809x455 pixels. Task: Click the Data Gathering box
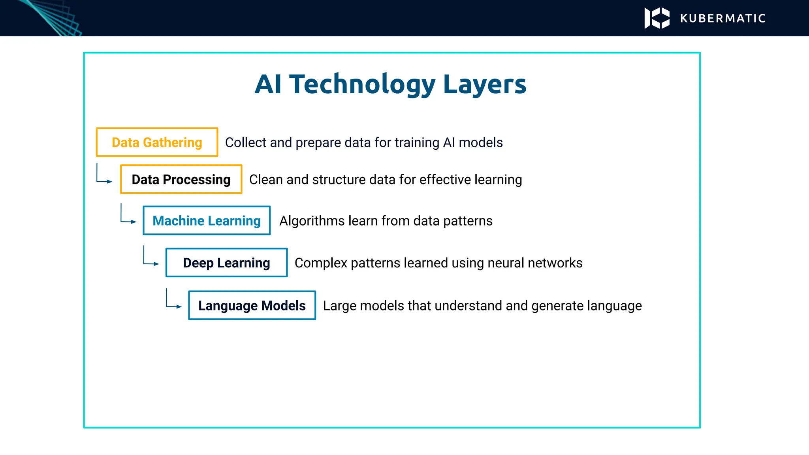(157, 142)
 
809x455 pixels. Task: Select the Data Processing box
(181, 179)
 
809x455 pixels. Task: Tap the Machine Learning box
(207, 220)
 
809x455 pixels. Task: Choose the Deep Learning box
(226, 263)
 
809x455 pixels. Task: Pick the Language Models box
(252, 305)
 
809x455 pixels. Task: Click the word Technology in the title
(362, 84)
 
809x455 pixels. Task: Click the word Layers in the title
(485, 84)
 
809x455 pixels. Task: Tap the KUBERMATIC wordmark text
(723, 19)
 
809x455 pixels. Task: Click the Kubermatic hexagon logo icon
(657, 18)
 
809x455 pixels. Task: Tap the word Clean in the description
(266, 179)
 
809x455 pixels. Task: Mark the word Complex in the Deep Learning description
(321, 263)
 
